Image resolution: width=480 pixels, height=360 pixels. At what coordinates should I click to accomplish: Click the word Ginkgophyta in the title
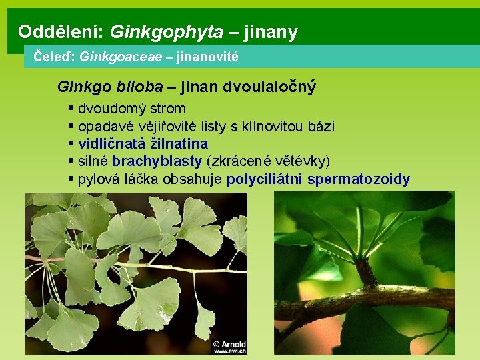click(167, 31)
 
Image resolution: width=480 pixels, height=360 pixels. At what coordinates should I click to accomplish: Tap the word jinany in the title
click(271, 31)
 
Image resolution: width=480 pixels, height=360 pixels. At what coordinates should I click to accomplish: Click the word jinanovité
click(207, 57)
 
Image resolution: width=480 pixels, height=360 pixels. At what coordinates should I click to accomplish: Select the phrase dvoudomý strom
click(132, 109)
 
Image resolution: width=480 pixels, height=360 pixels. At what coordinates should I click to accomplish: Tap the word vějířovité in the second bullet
click(164, 126)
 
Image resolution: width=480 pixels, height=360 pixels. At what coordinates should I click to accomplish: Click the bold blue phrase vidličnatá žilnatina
click(143, 143)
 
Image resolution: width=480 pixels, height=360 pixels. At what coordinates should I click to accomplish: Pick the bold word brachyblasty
click(157, 161)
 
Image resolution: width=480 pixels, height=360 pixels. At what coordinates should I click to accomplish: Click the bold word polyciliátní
click(265, 179)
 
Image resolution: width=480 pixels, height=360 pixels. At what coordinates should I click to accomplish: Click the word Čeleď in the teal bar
click(53, 57)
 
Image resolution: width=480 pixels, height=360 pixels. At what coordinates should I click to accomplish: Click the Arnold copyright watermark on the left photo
click(230, 346)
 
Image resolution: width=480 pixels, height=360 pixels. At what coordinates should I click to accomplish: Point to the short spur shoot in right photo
click(365, 273)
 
